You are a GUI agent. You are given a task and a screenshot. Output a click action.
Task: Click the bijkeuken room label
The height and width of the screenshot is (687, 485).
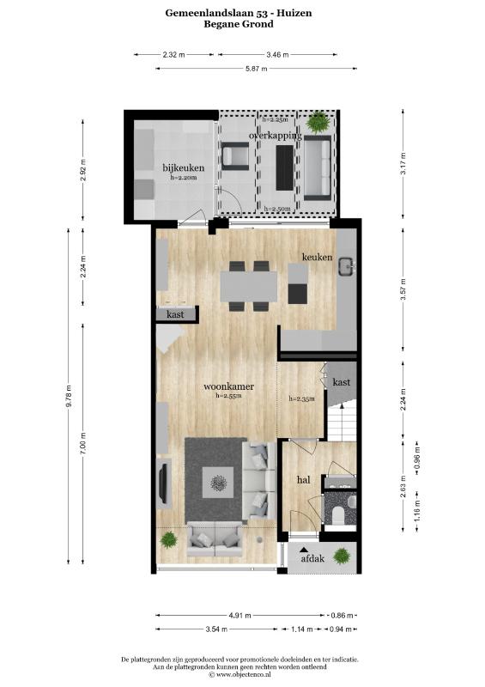pos(183,167)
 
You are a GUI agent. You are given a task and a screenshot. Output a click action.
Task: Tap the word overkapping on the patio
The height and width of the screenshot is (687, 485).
pos(276,136)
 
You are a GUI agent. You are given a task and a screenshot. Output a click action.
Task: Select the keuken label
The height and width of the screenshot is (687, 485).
pos(317,257)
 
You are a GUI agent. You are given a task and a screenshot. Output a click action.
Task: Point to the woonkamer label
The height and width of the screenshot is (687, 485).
pos(228,386)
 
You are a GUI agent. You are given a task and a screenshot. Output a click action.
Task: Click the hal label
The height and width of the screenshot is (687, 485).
pos(304,480)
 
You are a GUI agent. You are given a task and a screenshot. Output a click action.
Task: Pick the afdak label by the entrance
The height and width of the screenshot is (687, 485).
pos(312,559)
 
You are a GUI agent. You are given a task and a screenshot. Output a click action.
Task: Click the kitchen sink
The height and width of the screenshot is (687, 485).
pos(348,266)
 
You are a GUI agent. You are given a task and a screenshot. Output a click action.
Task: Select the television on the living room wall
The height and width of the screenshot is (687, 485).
pos(163,483)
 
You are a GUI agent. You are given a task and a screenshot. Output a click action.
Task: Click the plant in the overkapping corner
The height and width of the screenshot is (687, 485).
pos(318,122)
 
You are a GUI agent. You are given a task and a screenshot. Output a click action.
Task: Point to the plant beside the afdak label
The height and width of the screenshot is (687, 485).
pos(342,556)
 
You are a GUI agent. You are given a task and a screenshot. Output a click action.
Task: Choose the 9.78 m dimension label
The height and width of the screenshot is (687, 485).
pos(69,397)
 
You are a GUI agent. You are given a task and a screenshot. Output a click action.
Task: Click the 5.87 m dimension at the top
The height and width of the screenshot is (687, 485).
pos(257,69)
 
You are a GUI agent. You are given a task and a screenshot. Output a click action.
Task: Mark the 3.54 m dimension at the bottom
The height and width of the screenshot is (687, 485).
pos(216,629)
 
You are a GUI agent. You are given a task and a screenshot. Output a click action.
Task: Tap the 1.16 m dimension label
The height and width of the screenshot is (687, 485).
pos(417,510)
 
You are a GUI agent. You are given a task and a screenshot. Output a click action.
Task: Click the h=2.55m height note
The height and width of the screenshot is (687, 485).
pos(228,396)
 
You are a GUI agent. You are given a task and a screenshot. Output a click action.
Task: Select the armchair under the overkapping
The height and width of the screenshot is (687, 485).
pos(235,156)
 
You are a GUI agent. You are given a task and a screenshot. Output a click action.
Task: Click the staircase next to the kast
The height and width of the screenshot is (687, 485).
pos(343,422)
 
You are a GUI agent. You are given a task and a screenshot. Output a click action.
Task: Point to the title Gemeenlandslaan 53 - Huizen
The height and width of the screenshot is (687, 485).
pos(239,13)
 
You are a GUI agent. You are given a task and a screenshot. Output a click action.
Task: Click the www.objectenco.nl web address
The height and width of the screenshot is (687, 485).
pos(243,674)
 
